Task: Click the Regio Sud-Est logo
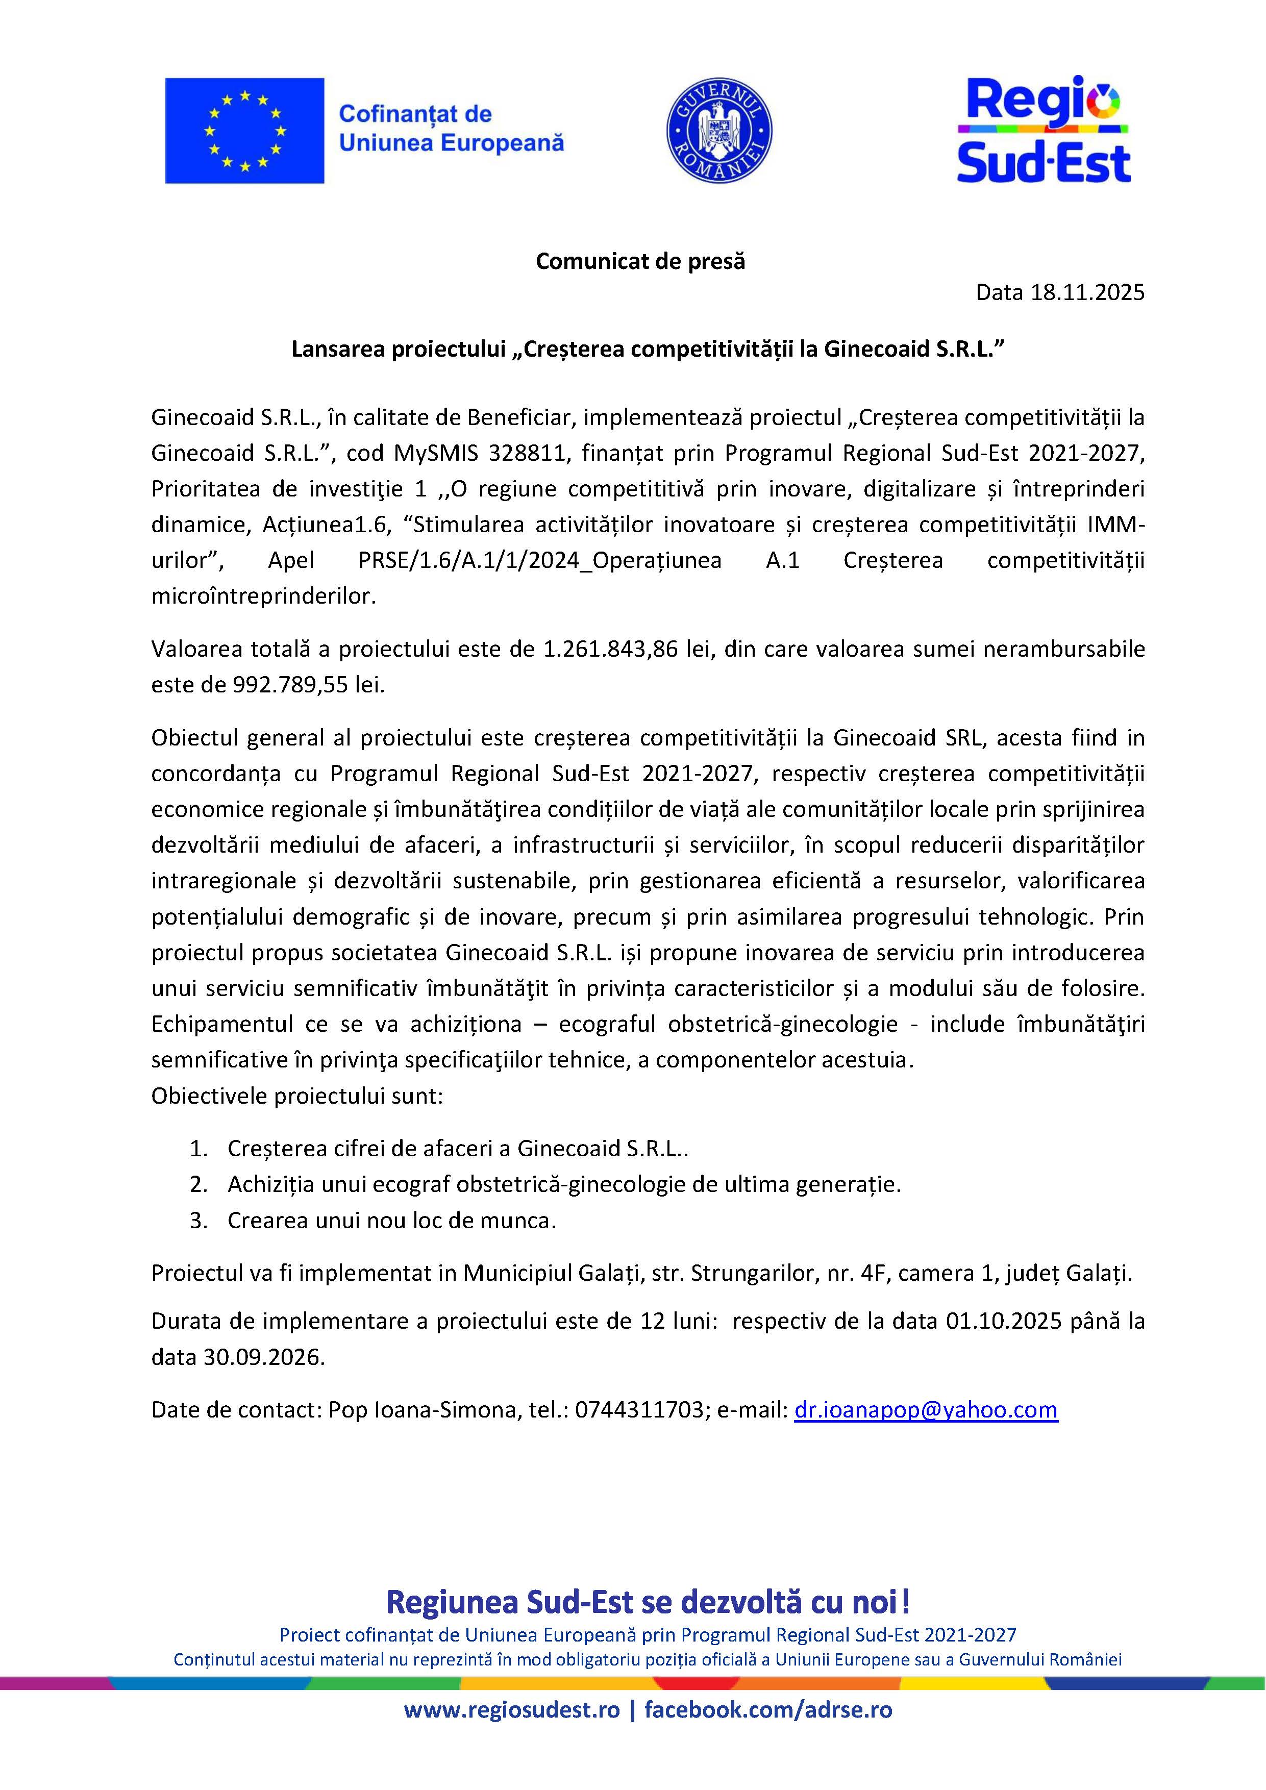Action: (1043, 130)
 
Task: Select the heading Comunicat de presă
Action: (640, 261)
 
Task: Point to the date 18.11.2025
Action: (1087, 292)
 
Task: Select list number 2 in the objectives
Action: (199, 1184)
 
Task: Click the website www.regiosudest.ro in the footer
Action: (511, 1710)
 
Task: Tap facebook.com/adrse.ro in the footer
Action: (768, 1710)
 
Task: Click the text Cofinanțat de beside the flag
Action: (415, 115)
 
